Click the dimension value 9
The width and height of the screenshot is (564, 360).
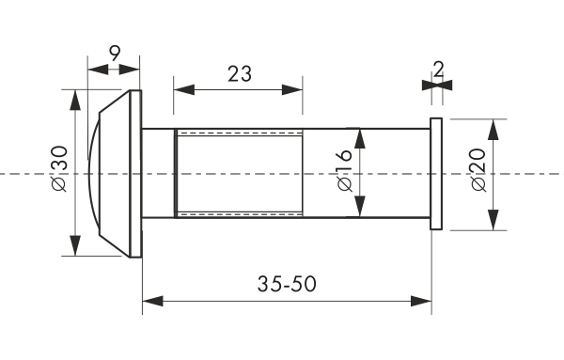[x=114, y=54]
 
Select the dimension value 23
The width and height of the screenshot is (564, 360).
[x=240, y=74]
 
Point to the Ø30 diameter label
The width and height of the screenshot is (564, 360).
[x=59, y=168]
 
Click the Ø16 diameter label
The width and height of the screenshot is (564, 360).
[x=345, y=170]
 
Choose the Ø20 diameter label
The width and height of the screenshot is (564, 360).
[x=478, y=170]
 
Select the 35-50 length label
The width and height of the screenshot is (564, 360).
[x=287, y=284]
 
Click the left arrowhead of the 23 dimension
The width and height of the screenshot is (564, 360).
[x=184, y=90]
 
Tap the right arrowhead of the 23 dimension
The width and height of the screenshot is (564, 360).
[x=292, y=90]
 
